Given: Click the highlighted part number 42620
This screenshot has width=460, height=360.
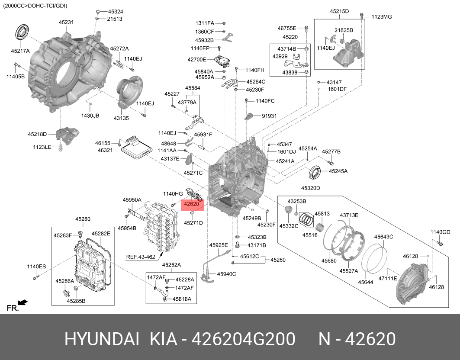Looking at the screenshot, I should tap(191, 204).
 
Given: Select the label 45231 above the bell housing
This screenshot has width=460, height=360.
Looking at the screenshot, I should tap(66, 22).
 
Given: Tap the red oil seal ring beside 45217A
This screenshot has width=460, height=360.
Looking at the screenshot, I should tap(21, 34).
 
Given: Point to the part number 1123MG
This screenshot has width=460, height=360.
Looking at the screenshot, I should tap(381, 17).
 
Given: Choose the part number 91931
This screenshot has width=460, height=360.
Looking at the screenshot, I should tap(269, 116).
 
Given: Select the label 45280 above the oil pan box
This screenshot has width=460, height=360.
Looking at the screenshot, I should tap(83, 219).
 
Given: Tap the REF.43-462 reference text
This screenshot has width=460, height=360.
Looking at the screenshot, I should tap(141, 257).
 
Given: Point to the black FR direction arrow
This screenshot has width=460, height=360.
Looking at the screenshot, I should tap(23, 302).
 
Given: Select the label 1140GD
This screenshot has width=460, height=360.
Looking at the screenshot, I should tap(440, 232).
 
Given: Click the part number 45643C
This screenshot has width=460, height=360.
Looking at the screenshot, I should tap(383, 237).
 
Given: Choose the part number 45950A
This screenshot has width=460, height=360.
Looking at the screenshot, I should tap(132, 200).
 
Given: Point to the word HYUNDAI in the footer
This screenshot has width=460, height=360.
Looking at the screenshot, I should tap(102, 339).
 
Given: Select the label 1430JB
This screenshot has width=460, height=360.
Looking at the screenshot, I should tap(90, 116).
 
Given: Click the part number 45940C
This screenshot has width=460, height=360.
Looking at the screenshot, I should tap(226, 273).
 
